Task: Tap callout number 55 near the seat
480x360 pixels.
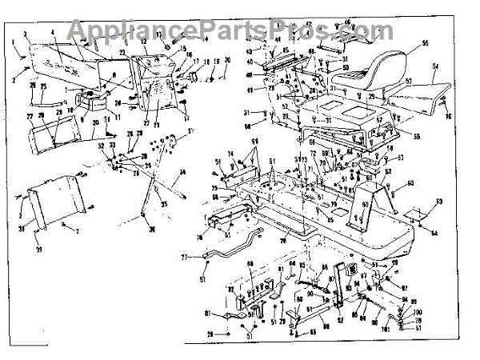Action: pyautogui.click(x=426, y=42)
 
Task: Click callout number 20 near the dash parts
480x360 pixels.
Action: pyautogui.click(x=226, y=61)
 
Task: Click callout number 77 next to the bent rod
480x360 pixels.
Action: pyautogui.click(x=185, y=258)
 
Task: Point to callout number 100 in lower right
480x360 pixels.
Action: pyautogui.click(x=418, y=311)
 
